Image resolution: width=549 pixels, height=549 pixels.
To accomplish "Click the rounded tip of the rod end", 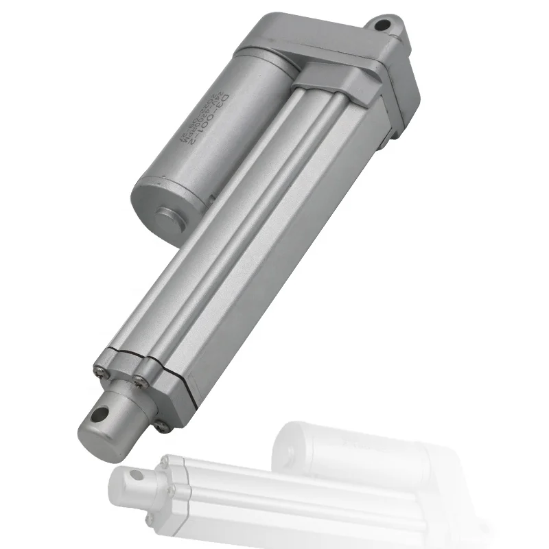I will coord(93,439).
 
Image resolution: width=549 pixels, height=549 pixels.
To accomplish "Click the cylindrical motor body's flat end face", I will coord(161,206).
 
